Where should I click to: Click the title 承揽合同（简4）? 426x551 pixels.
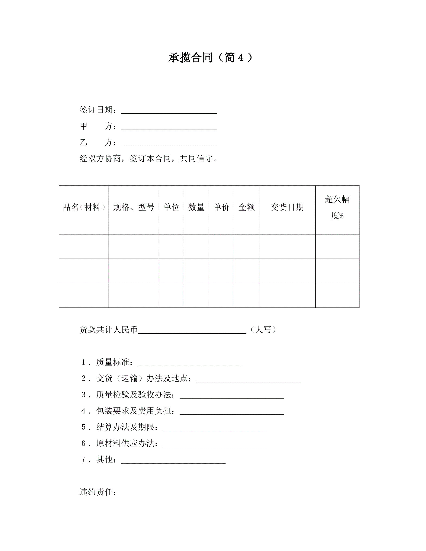210,58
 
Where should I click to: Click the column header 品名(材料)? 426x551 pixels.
84,207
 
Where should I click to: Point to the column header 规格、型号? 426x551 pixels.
134,207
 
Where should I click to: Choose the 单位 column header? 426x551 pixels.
171,207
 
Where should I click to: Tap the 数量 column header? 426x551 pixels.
196,207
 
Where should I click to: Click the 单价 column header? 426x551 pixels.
221,207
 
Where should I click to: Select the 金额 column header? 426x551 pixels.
247,207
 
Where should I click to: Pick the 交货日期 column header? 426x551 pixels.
287,207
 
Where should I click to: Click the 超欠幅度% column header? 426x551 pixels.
337,207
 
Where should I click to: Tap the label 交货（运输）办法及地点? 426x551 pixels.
144,378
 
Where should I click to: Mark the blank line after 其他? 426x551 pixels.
173,460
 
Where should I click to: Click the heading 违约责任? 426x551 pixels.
97,492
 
